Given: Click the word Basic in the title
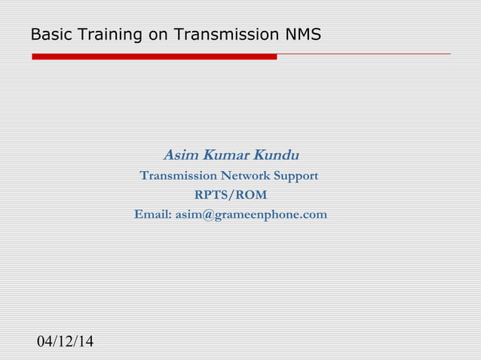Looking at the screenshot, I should click(x=46, y=35).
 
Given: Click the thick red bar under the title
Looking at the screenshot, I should click(x=154, y=56).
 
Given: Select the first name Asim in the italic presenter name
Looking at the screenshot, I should click(x=179, y=156).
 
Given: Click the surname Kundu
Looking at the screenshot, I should click(x=276, y=156).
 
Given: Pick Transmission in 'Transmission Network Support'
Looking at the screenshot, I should click(x=178, y=176).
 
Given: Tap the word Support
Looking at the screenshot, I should click(x=297, y=176).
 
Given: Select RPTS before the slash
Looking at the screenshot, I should click(x=210, y=196).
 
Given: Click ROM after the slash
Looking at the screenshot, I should click(x=252, y=196).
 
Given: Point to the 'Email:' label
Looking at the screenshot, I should click(x=153, y=215).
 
